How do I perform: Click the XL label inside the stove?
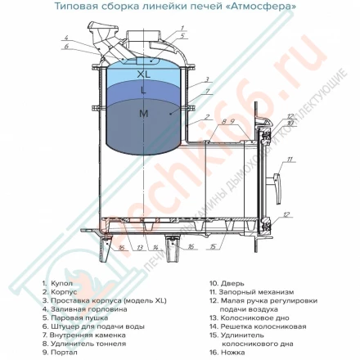[144, 74]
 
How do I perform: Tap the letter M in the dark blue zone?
[143, 115]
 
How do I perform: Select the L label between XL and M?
[144, 91]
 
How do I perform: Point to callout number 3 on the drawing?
[208, 79]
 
